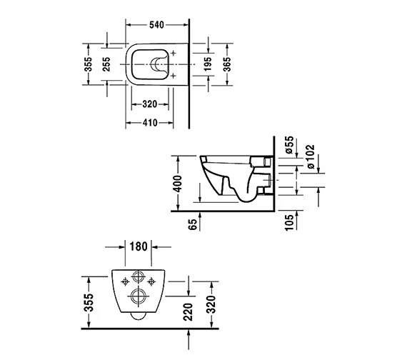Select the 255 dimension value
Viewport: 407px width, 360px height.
point(105,66)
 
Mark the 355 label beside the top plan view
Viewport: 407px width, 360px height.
point(88,66)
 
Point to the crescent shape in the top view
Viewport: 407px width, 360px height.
point(156,66)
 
